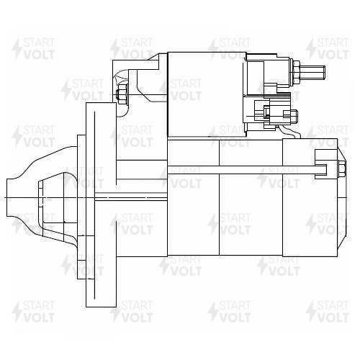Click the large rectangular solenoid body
click(207, 95)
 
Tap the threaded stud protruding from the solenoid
click(312, 73)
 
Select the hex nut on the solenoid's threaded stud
click(296, 73)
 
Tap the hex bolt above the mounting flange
click(122, 94)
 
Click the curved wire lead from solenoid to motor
click(290, 132)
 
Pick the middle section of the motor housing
click(251, 197)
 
